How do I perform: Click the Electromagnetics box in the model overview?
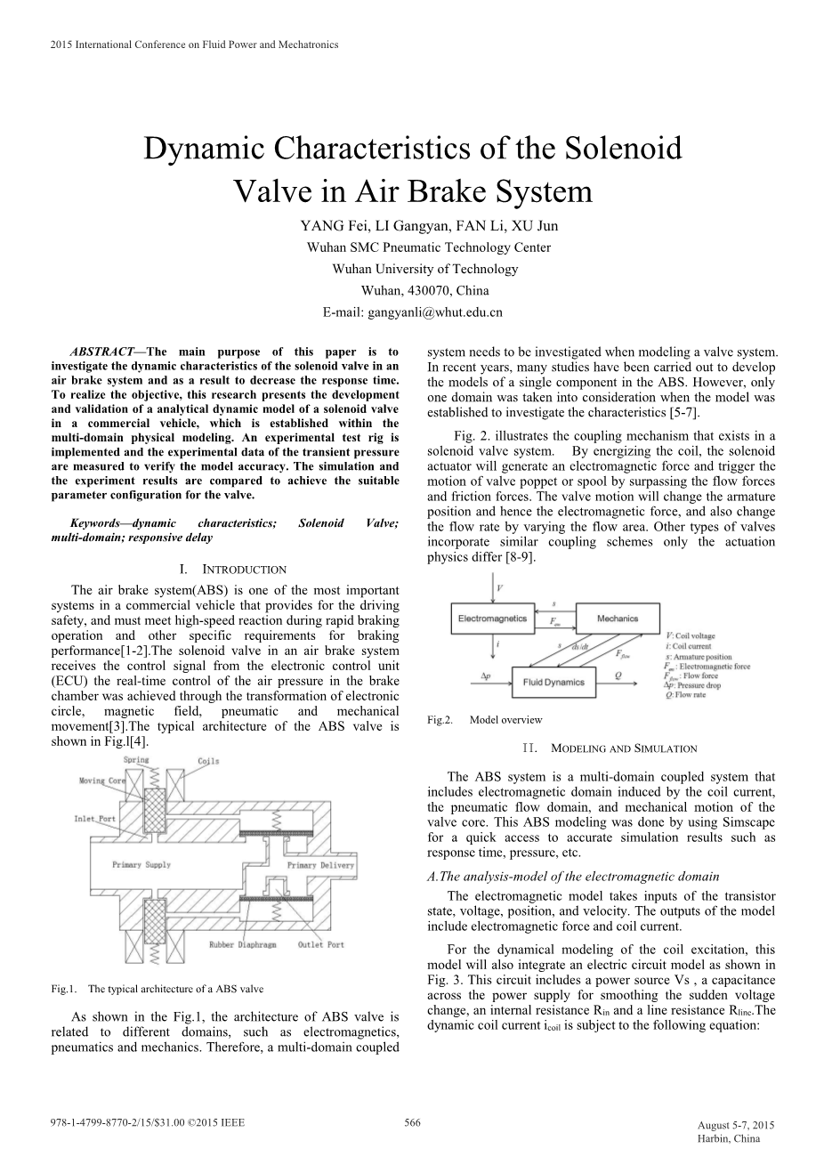[492, 618]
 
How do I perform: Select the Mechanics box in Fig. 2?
[618, 618]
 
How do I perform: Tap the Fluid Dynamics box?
[553, 683]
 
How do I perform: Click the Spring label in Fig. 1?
[136, 761]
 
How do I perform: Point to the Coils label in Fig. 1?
[208, 761]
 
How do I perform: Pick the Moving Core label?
[103, 781]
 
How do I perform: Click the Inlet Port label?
[95, 818]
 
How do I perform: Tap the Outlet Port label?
[321, 944]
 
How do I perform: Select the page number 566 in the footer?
[412, 1123]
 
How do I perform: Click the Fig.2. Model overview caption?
[484, 720]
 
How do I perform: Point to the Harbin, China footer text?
[729, 1138]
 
